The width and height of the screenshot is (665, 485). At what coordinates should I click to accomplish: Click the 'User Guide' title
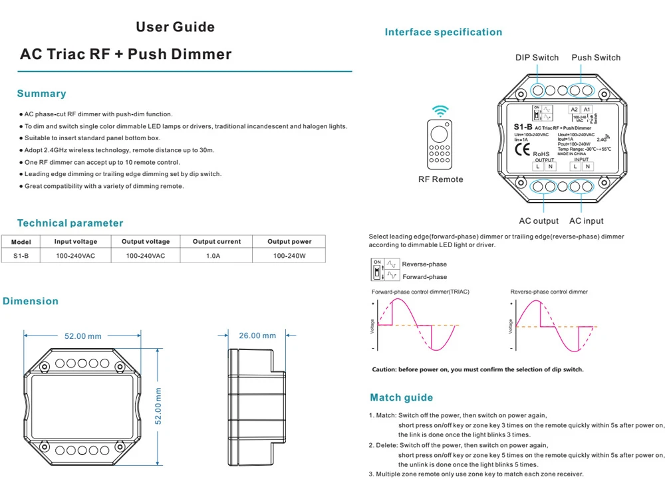tap(175, 27)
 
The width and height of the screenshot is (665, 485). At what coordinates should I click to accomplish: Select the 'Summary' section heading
tap(41, 94)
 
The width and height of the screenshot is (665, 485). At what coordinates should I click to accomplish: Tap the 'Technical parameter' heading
tap(70, 223)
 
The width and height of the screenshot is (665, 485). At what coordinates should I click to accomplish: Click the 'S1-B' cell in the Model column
tap(21, 255)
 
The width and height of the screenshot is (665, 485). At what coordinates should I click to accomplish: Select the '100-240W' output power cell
tap(289, 255)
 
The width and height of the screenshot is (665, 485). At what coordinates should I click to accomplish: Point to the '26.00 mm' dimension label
tap(257, 336)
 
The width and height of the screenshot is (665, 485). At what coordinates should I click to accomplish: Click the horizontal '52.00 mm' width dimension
tap(82, 336)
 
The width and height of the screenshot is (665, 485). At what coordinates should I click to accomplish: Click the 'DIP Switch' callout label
tap(537, 58)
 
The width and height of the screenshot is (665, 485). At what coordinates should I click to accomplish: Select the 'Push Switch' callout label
tap(596, 58)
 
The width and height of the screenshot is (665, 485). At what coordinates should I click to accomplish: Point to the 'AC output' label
tap(539, 221)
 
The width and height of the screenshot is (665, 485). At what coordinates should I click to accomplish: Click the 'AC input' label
tap(586, 221)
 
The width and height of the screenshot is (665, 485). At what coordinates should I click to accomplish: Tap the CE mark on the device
tap(521, 149)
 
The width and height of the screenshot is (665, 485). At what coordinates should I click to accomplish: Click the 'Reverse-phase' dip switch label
tap(424, 264)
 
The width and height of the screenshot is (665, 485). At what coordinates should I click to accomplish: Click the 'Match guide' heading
tap(401, 398)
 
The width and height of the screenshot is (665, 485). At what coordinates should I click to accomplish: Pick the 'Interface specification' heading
tap(443, 32)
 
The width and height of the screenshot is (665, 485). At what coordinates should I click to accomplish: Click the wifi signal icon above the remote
tap(440, 110)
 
